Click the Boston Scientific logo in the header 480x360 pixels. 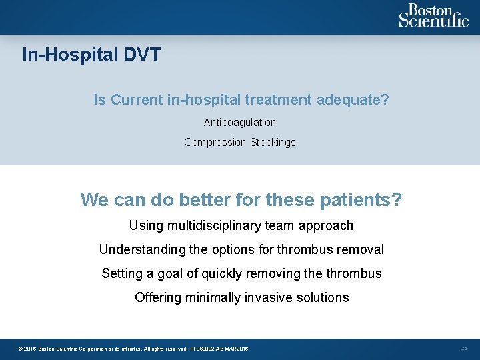pyautogui.click(x=433, y=16)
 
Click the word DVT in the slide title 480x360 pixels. pyautogui.click(x=142, y=55)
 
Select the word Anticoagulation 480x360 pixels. pyautogui.click(x=240, y=123)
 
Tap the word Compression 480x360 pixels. pyautogui.click(x=215, y=143)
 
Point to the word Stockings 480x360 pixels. pyautogui.click(x=273, y=143)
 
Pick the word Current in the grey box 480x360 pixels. pyautogui.click(x=135, y=100)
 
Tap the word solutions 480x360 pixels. pyautogui.click(x=323, y=297)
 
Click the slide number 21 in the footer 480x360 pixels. pyautogui.click(x=464, y=349)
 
